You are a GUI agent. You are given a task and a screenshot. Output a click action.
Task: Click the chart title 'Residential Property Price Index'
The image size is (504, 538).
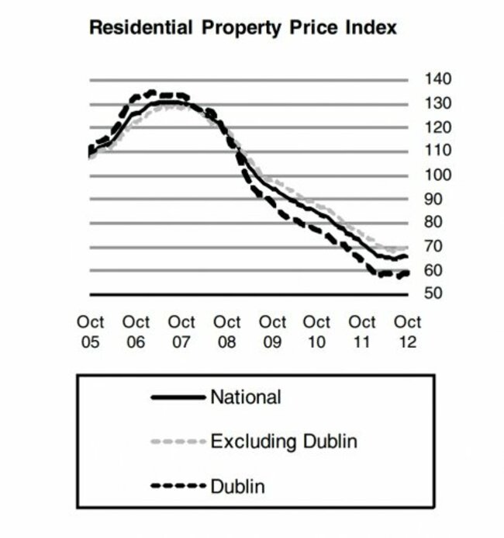243,28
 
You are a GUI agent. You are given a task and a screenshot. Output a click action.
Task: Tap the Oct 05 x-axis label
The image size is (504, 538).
91,331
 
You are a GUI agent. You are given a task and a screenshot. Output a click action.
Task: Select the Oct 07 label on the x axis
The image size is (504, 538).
181,331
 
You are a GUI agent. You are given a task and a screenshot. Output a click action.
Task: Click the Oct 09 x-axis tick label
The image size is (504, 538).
272,331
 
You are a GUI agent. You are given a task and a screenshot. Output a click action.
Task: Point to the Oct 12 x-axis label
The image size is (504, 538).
408,331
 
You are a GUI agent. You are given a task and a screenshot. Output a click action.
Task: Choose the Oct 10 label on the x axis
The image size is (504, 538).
317,331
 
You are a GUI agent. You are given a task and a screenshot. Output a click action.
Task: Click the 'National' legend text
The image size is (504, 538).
245,398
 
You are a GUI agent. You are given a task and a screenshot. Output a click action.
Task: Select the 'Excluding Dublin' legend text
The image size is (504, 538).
284,443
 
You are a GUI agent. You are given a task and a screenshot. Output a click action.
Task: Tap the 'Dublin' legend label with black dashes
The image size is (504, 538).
237,487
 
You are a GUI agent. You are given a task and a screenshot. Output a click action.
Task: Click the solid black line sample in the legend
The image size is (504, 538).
178,398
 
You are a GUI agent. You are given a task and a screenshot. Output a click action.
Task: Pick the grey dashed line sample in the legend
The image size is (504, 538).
178,443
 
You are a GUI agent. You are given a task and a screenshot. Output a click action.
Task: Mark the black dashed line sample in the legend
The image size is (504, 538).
178,487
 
